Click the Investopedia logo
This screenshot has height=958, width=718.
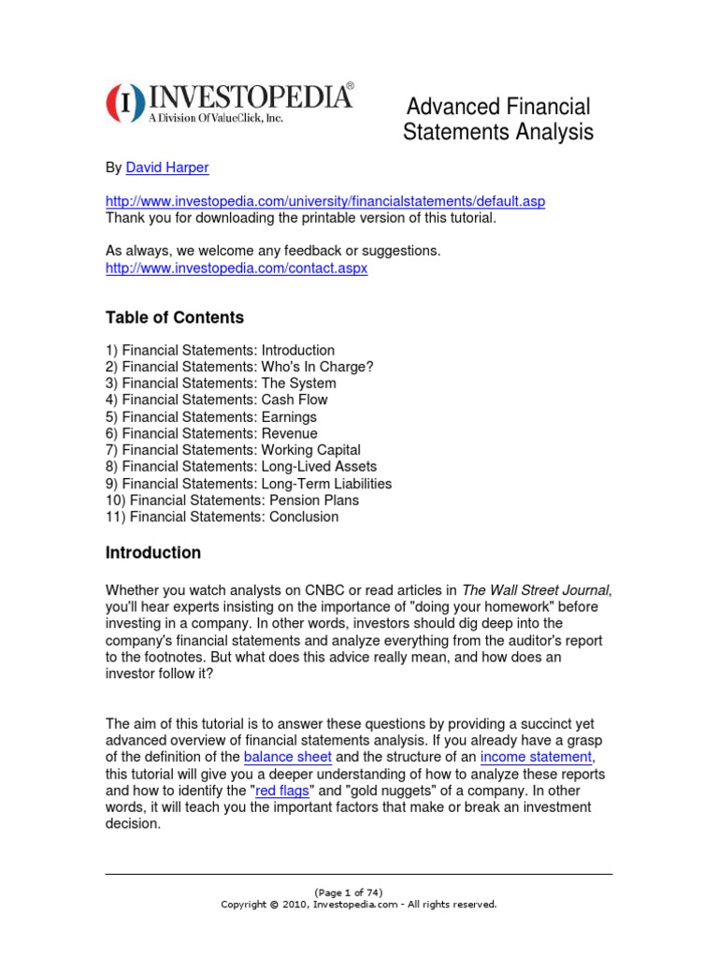[230, 102]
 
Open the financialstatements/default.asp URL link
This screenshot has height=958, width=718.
[324, 202]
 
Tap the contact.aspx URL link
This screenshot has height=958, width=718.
[237, 268]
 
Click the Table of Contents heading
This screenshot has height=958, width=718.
[174, 317]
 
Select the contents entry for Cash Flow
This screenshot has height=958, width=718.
[217, 399]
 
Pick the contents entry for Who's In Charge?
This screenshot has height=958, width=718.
[239, 367]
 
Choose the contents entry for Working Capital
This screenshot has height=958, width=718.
[233, 450]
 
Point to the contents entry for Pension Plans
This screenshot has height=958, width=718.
[232, 500]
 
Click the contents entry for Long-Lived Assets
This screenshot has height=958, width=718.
[241, 467]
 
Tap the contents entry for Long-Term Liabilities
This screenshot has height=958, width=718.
[249, 484]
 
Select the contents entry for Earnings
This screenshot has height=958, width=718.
[210, 416]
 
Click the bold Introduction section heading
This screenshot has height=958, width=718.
[152, 553]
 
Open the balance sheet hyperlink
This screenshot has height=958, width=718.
[287, 757]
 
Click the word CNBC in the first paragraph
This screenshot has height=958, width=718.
[325, 589]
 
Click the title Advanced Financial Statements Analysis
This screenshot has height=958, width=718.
[497, 119]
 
